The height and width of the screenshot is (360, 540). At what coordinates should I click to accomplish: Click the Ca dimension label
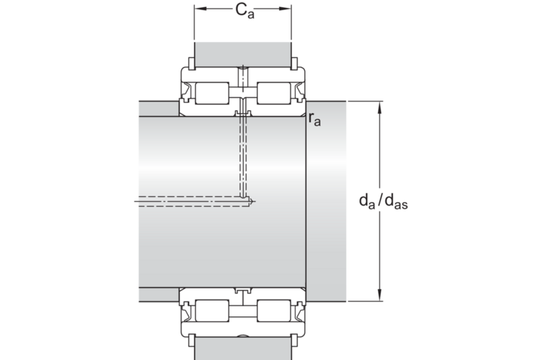pyautogui.click(x=245, y=11)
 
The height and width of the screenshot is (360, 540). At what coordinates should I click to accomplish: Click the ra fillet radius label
pyautogui.click(x=314, y=119)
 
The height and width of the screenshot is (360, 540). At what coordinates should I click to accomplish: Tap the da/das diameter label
pyautogui.click(x=384, y=201)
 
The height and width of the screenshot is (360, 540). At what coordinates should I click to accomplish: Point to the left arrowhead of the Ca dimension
pyautogui.click(x=201, y=9)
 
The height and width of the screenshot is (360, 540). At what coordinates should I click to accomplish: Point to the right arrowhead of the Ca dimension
pyautogui.click(x=285, y=9)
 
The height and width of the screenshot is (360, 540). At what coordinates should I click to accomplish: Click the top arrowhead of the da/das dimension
pyautogui.click(x=380, y=107)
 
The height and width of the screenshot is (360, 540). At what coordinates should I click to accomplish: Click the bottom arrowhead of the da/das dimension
pyautogui.click(x=380, y=295)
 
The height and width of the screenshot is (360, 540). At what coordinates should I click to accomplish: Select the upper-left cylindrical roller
pyautogui.click(x=212, y=93)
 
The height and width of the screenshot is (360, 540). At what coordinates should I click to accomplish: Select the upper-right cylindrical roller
pyautogui.click(x=274, y=93)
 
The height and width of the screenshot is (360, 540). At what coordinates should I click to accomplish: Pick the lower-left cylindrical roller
pyautogui.click(x=212, y=311)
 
